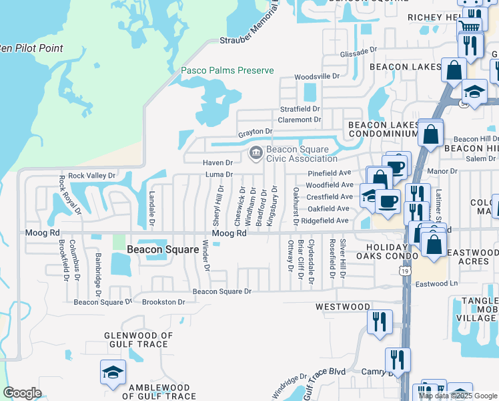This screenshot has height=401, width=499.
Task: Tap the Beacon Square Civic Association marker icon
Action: click(255, 154)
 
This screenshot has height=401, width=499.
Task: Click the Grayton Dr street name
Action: click(256, 132)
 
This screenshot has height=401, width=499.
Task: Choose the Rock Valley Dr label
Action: click(91, 176)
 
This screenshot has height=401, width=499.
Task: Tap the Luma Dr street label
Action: click(219, 174)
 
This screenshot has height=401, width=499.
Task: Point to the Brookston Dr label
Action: click(163, 302)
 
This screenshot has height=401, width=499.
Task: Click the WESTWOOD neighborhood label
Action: click(343, 307)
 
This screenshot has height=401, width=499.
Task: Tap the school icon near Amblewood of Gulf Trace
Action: click(113, 372)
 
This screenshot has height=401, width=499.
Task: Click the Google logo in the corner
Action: click(22, 393)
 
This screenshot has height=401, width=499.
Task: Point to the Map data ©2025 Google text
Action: click(457, 396)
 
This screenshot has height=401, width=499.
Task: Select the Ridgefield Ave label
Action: click(325, 220)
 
